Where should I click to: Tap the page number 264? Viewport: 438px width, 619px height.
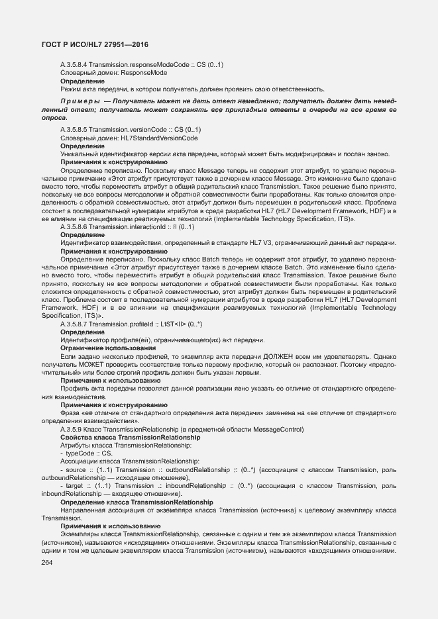tap(47, 563)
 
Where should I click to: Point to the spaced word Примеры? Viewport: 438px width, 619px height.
tap(78, 100)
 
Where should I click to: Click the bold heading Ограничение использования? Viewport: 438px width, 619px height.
tap(108, 348)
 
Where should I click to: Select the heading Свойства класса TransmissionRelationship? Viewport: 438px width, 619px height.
tap(130, 438)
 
